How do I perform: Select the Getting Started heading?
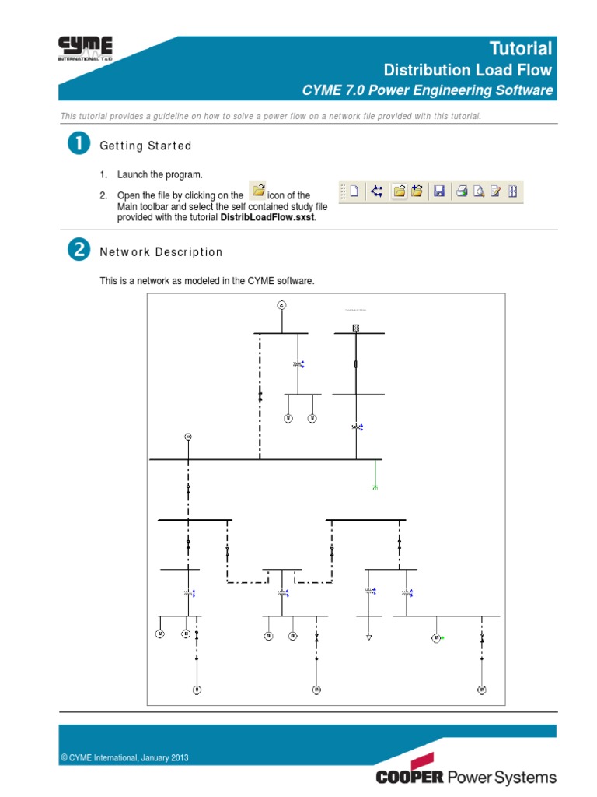click(x=145, y=146)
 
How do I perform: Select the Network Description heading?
click(x=161, y=252)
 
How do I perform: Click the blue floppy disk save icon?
click(x=438, y=191)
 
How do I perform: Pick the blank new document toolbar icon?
click(x=354, y=191)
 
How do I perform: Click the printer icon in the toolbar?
click(x=462, y=191)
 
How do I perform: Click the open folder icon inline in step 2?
click(x=260, y=191)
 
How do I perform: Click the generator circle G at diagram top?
click(x=281, y=305)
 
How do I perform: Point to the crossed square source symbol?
click(x=356, y=328)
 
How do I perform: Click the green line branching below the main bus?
click(x=375, y=475)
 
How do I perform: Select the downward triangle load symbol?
click(x=369, y=637)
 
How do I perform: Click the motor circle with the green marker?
click(x=436, y=638)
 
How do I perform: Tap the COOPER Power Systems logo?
click(x=466, y=776)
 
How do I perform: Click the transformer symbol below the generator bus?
click(x=298, y=363)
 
